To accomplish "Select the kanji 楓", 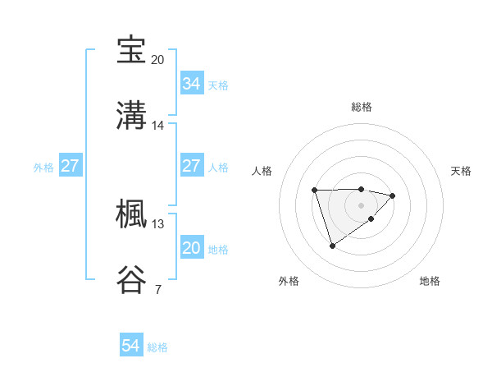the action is point(133,214).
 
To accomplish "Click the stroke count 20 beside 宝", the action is point(157,60).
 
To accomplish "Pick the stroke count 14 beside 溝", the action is point(157,126).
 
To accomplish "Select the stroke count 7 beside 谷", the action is point(157,290).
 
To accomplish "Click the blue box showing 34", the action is point(191,84).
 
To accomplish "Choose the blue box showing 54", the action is point(131,347).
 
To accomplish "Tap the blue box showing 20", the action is point(191,248).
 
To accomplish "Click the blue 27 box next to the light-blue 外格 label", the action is point(70,166).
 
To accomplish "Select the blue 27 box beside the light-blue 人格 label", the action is point(191,166).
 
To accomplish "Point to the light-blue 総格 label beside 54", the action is point(157,347).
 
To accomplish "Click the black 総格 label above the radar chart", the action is point(362,107).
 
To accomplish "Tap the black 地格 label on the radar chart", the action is point(430,281).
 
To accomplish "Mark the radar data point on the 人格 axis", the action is point(315,191).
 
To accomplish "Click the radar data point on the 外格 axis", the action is point(332,246).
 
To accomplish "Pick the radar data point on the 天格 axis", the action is point(393,195).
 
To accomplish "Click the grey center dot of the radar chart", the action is point(362,205).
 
